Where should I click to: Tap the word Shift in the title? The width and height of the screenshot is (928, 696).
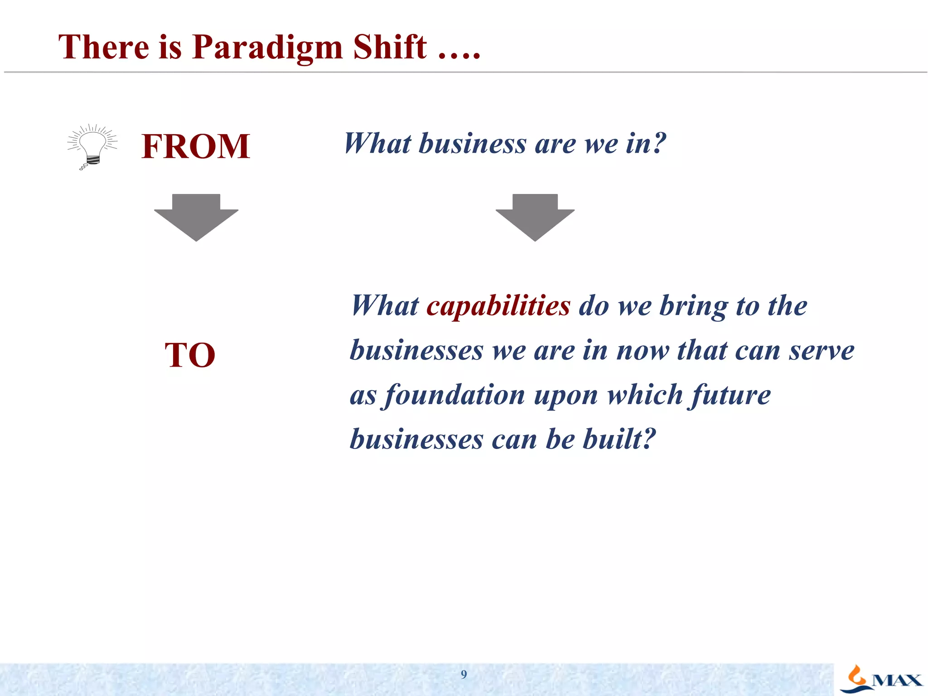click(390, 47)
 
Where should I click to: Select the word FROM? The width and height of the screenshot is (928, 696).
click(195, 146)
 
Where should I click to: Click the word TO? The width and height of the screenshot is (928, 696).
click(190, 355)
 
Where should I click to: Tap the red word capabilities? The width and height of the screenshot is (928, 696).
click(498, 306)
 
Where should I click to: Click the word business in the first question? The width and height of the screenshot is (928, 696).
click(472, 144)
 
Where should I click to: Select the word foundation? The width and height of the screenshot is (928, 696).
click(455, 395)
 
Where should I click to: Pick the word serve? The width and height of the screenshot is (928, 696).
click(821, 351)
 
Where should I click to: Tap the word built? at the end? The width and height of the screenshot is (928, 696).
click(619, 439)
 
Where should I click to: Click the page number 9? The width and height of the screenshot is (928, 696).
click(464, 674)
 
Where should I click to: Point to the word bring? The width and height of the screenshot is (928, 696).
click(693, 306)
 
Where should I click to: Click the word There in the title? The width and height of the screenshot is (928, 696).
click(104, 47)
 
